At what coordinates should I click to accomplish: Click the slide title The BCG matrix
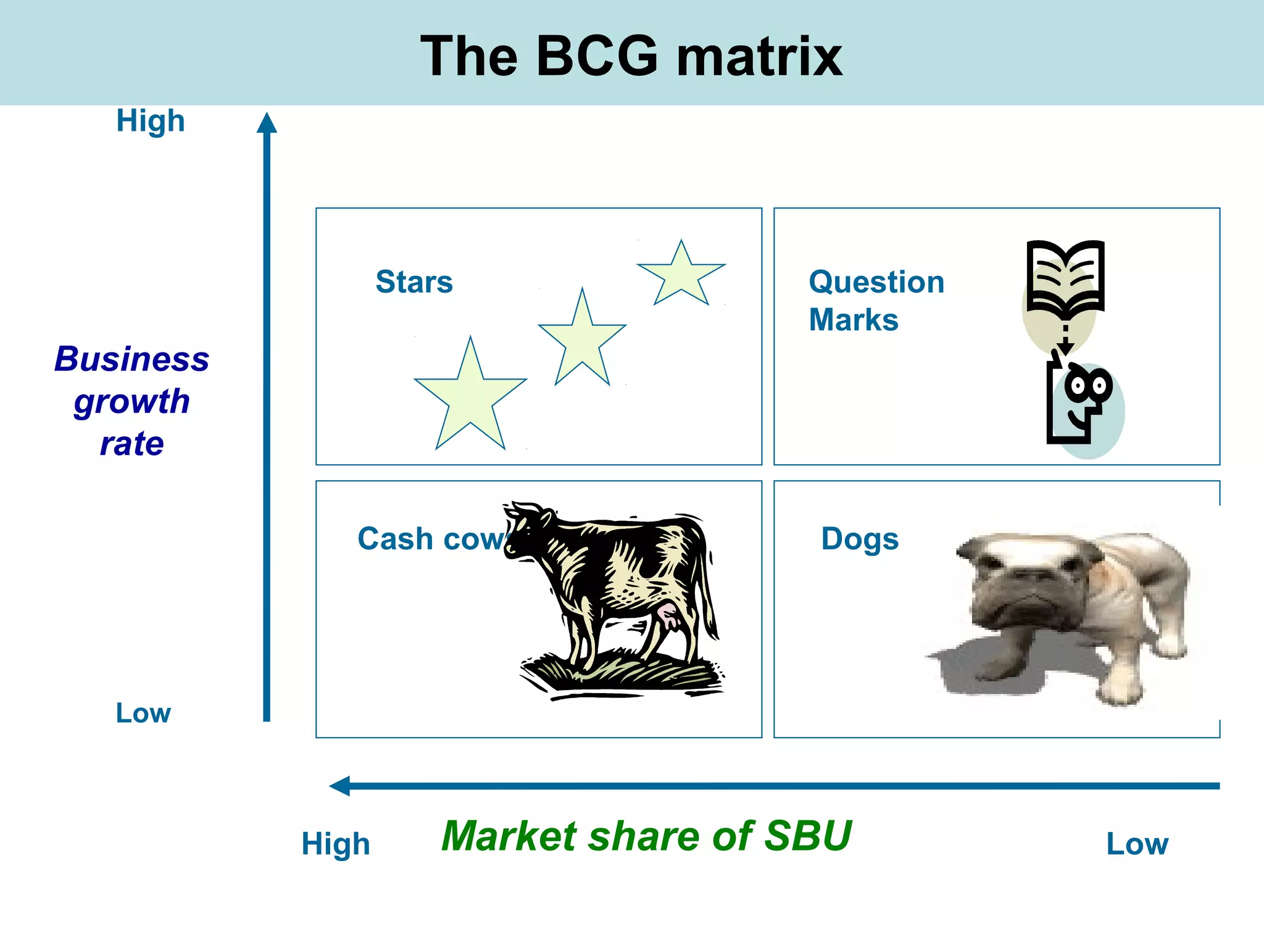point(631,56)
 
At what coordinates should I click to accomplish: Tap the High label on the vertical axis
point(151,121)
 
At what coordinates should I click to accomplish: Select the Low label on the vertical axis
point(143,713)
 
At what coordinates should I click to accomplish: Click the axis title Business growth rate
point(131,401)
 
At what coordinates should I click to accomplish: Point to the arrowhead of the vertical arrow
point(267,123)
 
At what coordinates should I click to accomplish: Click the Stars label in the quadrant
point(414,282)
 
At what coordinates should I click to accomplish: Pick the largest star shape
point(470,398)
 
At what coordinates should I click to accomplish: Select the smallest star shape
point(681,275)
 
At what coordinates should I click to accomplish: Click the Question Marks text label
point(876,301)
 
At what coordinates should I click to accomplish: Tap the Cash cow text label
point(432,539)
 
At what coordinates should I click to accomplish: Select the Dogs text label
point(860,539)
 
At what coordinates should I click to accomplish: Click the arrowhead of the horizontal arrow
point(340,786)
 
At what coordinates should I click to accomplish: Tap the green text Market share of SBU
point(646,836)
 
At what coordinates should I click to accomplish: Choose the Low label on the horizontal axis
point(1137,844)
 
